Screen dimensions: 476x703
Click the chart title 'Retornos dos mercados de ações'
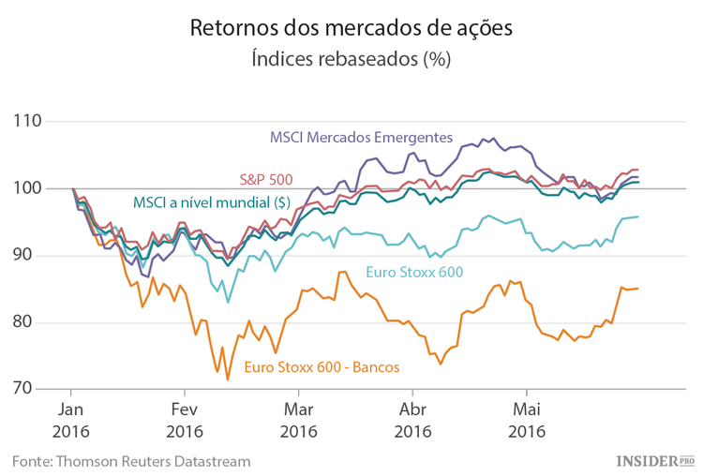point(351,27)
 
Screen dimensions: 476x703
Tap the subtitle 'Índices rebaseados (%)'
point(351,60)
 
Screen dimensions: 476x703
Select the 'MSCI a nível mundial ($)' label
point(211,201)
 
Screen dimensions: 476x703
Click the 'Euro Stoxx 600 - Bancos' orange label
point(322,366)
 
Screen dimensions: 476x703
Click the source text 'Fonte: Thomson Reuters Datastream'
point(131,460)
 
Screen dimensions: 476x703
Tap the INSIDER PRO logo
point(654,460)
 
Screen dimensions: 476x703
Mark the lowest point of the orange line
point(228,379)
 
